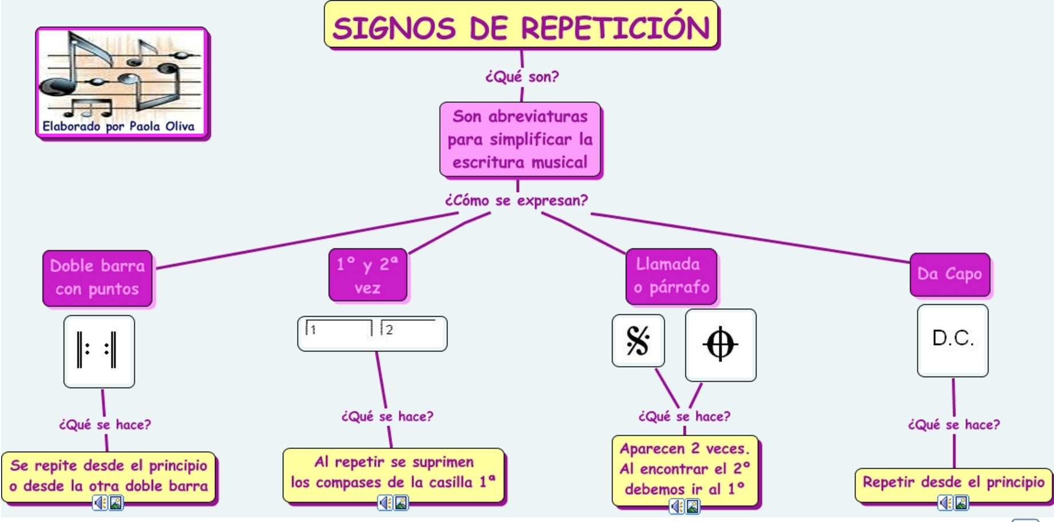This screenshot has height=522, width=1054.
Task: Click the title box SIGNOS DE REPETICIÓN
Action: [521, 26]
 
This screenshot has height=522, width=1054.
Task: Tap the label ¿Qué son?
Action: [522, 77]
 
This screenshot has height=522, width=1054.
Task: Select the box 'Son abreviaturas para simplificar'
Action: [520, 140]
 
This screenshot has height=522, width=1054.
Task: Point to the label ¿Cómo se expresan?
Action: [517, 201]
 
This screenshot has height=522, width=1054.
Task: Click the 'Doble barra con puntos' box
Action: [97, 278]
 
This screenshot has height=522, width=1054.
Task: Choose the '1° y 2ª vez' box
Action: [368, 275]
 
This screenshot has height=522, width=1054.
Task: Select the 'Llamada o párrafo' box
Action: [671, 276]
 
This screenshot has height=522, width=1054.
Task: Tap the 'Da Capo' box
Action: [950, 274]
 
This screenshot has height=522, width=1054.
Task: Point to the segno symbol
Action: [638, 341]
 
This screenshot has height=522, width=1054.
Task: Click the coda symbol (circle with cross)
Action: [720, 345]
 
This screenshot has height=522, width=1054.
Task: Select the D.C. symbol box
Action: [953, 339]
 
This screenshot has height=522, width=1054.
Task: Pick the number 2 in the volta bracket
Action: [390, 330]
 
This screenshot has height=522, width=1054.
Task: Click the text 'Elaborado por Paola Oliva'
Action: [119, 126]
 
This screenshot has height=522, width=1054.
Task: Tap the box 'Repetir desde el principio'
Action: [954, 482]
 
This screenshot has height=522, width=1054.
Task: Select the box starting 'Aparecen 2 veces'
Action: [685, 469]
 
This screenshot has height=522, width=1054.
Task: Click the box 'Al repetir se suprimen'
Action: [394, 473]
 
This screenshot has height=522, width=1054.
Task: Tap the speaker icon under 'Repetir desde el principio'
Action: [945, 503]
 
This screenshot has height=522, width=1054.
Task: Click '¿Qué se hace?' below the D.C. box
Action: [954, 425]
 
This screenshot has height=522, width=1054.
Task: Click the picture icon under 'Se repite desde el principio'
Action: [116, 503]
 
